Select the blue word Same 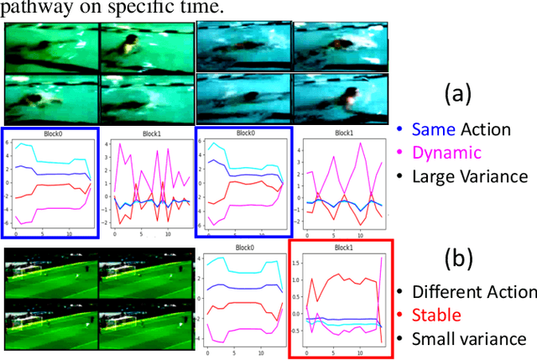pos(435,130)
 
